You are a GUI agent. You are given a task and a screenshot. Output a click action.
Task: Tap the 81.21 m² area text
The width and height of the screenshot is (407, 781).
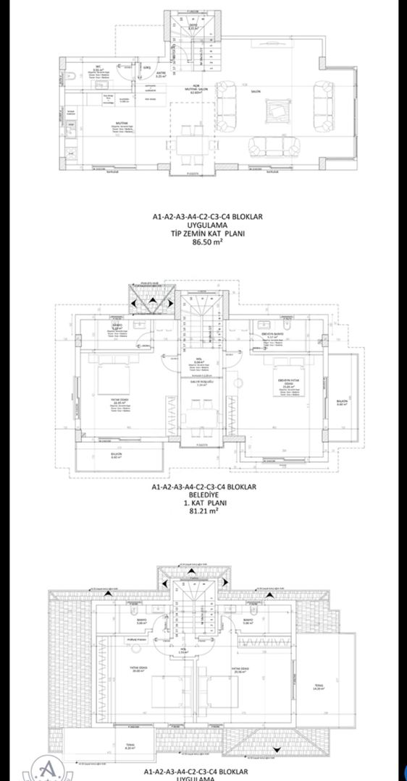[x=203, y=510]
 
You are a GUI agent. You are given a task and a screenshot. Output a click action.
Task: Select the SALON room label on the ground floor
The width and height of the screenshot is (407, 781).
[x=256, y=93]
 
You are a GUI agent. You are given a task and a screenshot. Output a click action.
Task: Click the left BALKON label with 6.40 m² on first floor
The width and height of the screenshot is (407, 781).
[x=97, y=456]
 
